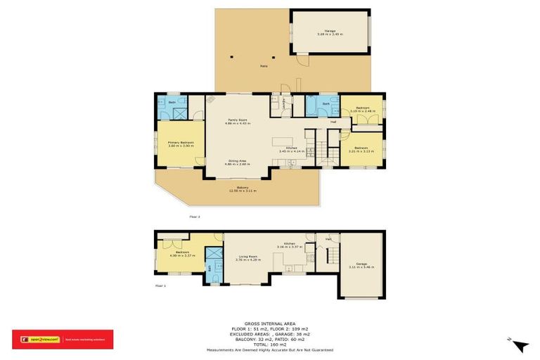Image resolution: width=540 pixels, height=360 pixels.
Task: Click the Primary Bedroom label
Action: [x=181, y=143]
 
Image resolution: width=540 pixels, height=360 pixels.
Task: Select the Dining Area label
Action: [x=236, y=162]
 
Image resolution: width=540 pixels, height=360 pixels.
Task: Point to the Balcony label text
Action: [x=242, y=188]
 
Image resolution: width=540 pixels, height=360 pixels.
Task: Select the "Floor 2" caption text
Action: [x=195, y=217]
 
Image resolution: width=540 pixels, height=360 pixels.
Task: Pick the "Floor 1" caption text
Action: [x=160, y=285]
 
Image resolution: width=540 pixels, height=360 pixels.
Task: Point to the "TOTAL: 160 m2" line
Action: [x=270, y=344]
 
